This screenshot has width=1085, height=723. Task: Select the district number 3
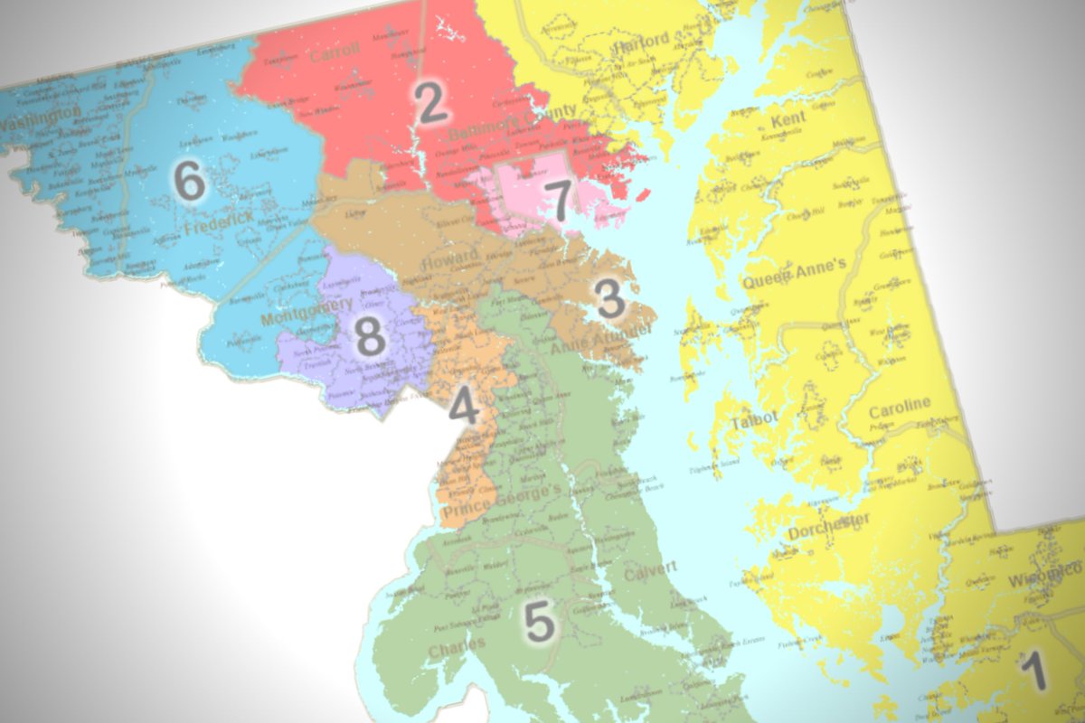(x=609, y=299)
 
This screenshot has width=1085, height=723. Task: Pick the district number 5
(x=539, y=622)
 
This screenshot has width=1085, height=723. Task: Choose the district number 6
(x=190, y=183)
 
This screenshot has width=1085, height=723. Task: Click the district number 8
(x=369, y=338)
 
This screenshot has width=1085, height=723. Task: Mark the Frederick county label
(x=217, y=230)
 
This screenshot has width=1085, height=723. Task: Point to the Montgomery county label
(x=307, y=312)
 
